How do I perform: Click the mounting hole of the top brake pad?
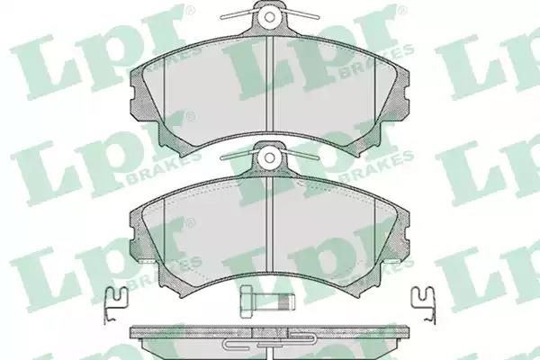click(270, 16)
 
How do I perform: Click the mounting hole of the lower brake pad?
click(270, 158)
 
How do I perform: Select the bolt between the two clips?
click(268, 301)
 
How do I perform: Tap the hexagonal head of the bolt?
click(247, 301)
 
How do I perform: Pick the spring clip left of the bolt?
click(115, 305)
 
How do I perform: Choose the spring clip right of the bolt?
click(424, 305)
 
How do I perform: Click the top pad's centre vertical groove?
click(270, 84)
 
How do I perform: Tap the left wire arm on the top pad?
click(238, 13)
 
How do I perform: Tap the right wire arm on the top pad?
click(301, 13)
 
